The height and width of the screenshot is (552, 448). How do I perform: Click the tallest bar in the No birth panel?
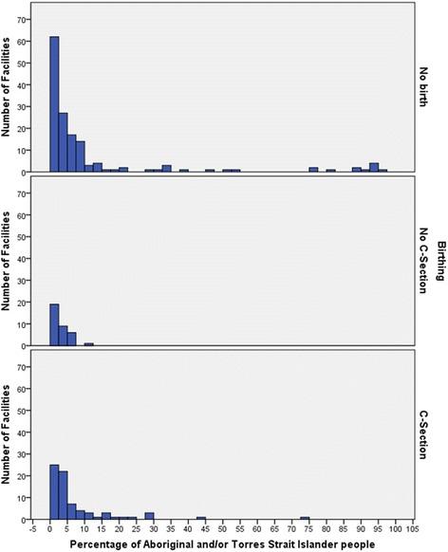tap(54, 104)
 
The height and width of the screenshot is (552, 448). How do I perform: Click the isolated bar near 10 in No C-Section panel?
tap(89, 344)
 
